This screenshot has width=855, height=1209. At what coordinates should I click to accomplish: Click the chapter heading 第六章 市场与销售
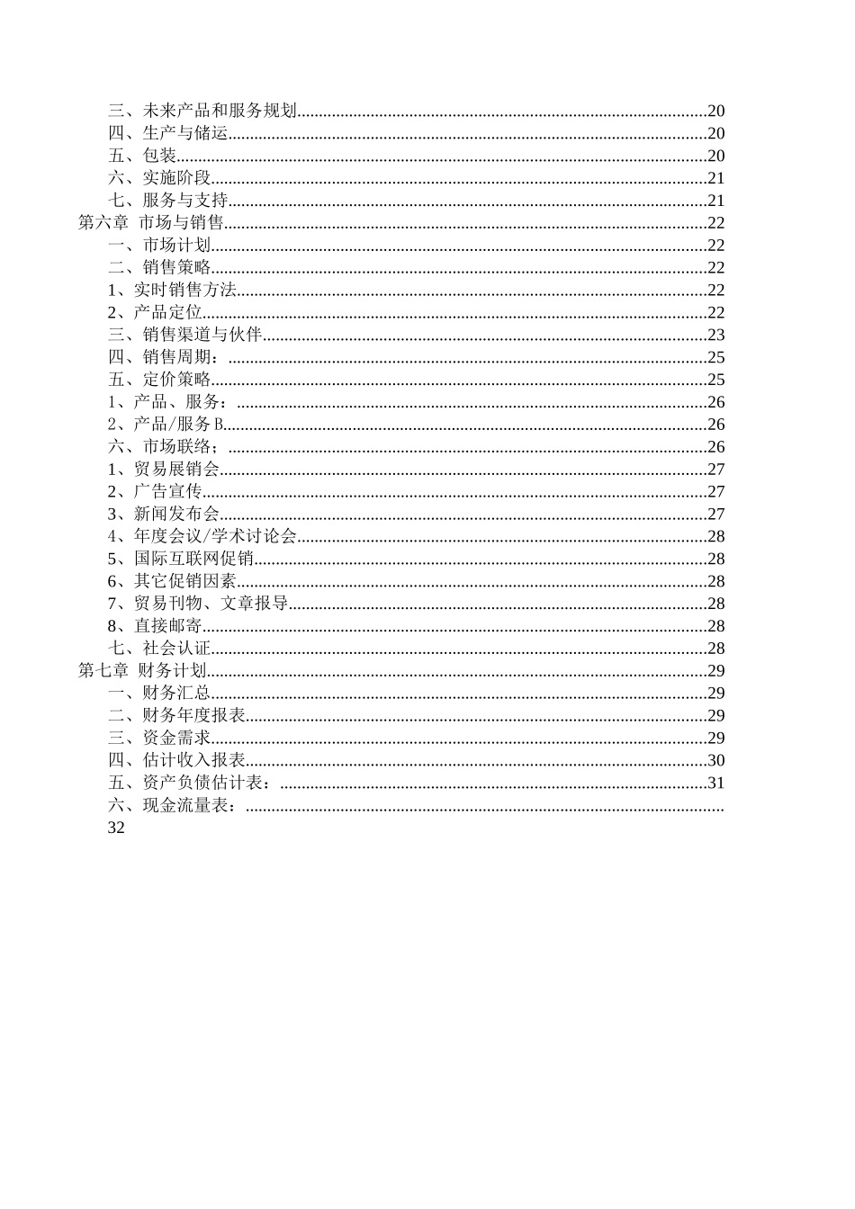(150, 223)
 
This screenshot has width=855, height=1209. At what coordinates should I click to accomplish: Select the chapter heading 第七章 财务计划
(142, 670)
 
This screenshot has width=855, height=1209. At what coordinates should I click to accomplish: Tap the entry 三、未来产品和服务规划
(202, 111)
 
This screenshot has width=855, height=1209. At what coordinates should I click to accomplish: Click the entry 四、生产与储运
(167, 133)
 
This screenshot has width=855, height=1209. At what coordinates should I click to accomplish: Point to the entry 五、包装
(142, 156)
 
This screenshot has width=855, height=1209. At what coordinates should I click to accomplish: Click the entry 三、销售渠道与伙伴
(184, 335)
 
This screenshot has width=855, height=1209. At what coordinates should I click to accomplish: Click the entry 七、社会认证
(159, 648)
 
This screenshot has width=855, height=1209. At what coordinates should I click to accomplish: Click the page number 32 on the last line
(116, 828)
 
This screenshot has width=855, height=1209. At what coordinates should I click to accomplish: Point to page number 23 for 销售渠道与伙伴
(715, 335)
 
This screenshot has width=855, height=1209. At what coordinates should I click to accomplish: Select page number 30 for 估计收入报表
(715, 760)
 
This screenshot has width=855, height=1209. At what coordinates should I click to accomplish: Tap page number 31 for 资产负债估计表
(715, 783)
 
